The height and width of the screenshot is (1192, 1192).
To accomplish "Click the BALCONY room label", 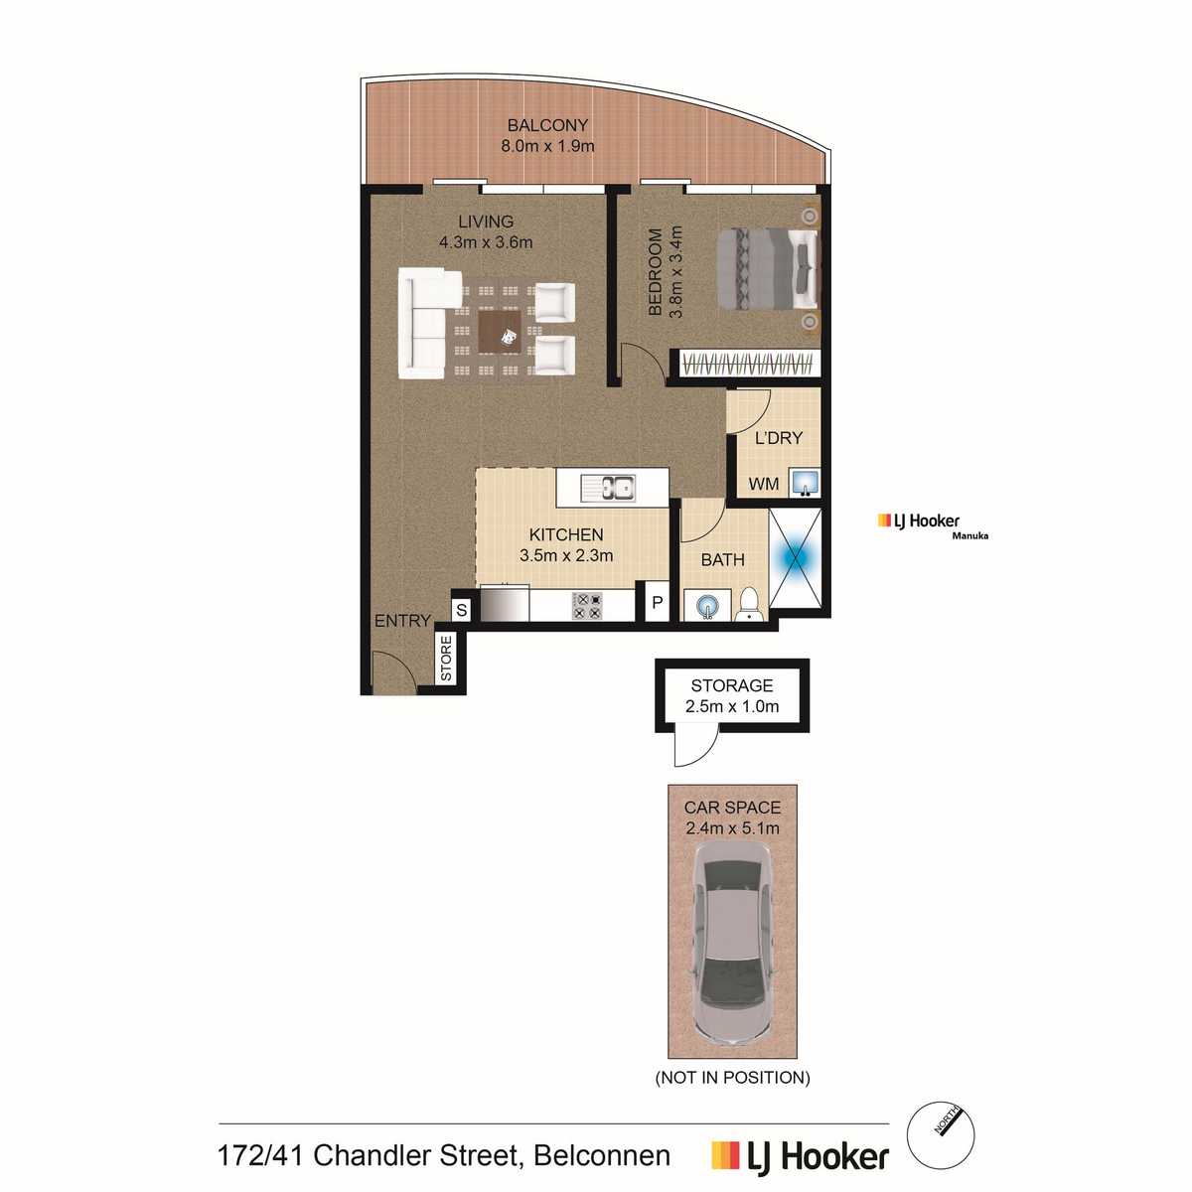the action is [547, 125].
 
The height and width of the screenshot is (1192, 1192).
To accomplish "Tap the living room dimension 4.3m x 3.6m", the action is [486, 242].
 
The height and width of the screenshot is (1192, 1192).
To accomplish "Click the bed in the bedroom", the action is [768, 268].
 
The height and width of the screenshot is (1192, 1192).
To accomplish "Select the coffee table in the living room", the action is [500, 332].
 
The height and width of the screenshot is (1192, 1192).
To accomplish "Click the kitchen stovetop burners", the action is [588, 606].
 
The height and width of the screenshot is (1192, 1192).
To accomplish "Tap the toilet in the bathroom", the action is [749, 604].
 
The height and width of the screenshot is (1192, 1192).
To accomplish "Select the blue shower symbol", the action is [795, 558].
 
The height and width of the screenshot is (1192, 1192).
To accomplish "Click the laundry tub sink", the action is [805, 483].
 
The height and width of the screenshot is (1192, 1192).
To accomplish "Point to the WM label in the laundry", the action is [763, 484].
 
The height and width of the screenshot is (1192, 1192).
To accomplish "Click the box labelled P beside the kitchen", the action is [658, 601].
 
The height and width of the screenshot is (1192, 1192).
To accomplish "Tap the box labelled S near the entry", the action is [462, 611].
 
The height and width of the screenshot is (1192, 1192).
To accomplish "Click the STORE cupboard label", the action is [446, 659].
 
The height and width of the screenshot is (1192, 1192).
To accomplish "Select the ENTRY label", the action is [402, 621].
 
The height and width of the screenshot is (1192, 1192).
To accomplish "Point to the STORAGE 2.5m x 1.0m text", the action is [732, 696].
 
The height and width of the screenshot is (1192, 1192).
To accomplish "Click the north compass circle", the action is [941, 1135].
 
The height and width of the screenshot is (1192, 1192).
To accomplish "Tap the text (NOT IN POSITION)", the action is [732, 1078].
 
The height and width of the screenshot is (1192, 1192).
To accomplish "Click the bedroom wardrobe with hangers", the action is [750, 364].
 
